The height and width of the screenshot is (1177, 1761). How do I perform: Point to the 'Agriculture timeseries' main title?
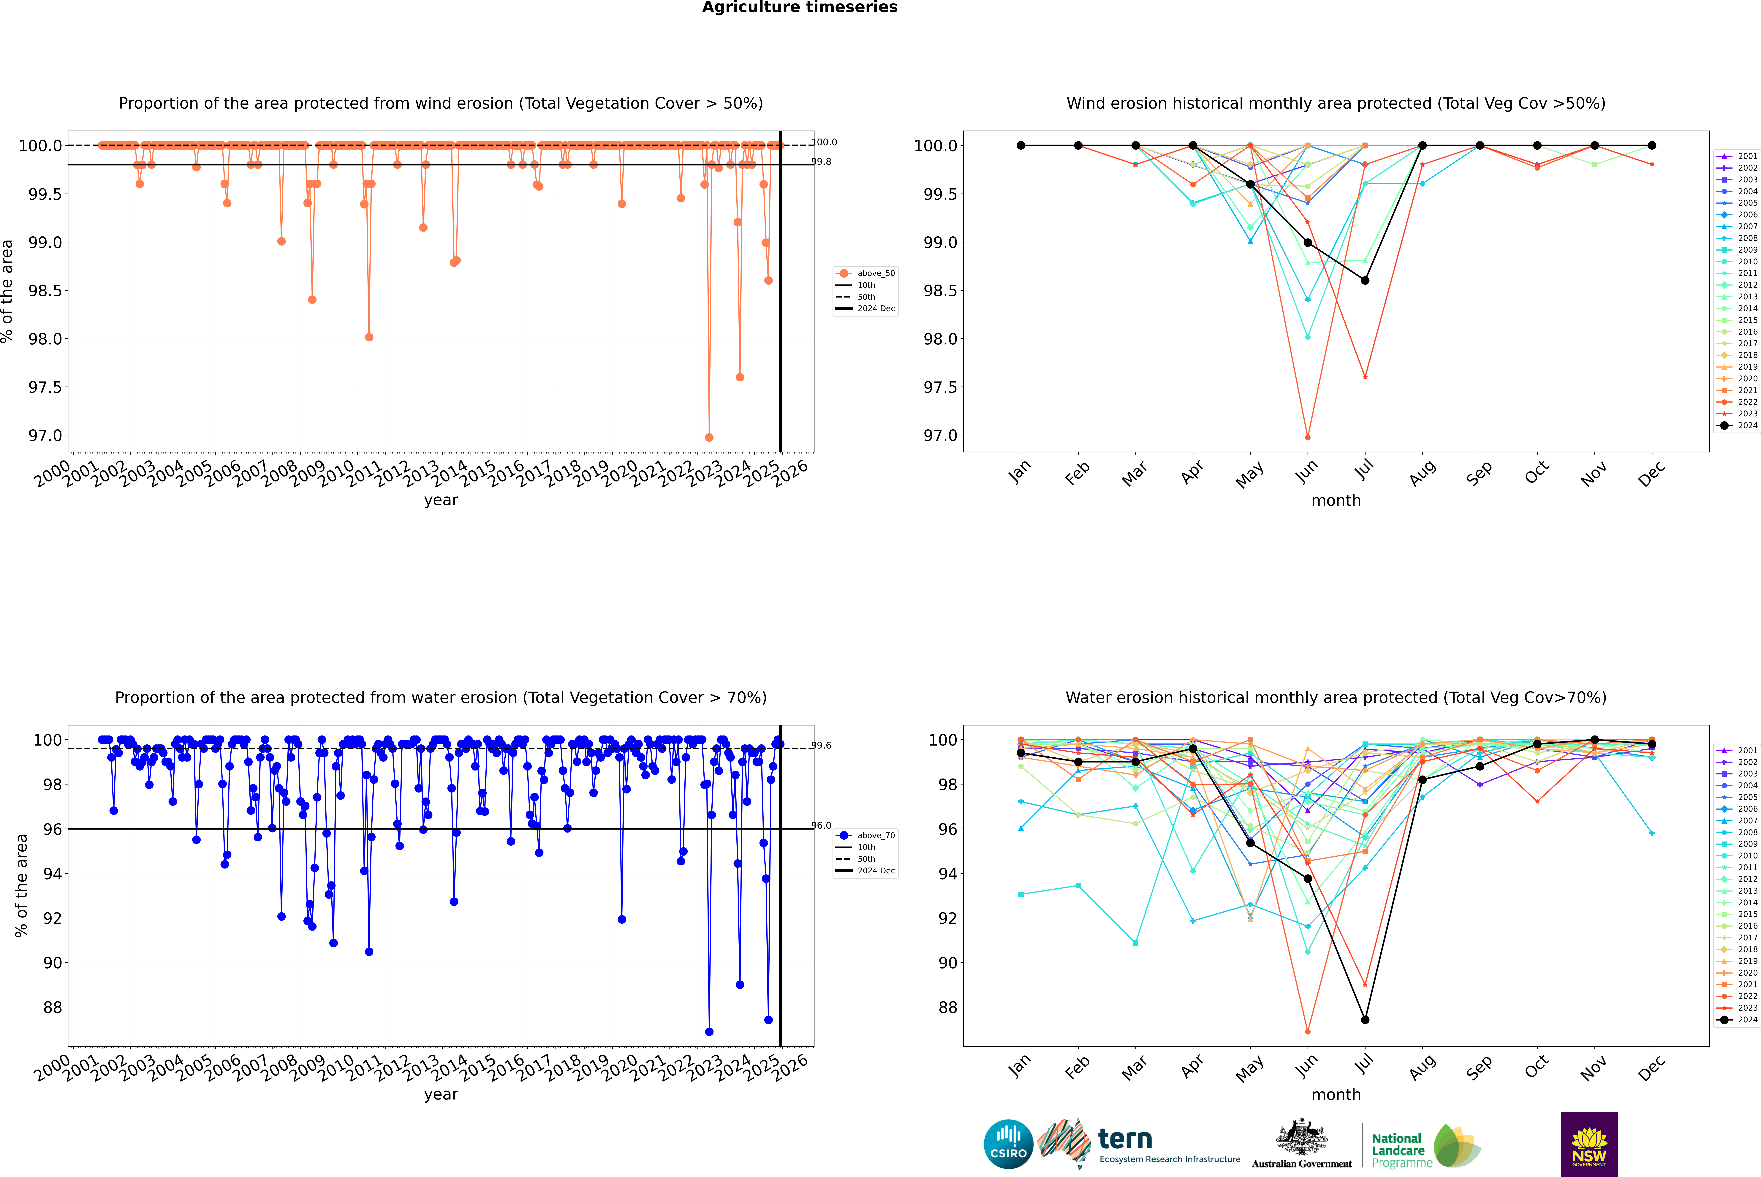tap(799, 7)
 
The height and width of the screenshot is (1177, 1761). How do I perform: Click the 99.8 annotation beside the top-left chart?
tap(821, 161)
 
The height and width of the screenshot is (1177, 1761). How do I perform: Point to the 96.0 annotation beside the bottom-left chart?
tap(821, 826)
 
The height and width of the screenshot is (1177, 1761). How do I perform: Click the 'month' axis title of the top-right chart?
tap(1335, 501)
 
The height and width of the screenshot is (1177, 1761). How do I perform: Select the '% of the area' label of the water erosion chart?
tap(21, 886)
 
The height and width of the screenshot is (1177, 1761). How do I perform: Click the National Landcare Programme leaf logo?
tap(1456, 1145)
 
